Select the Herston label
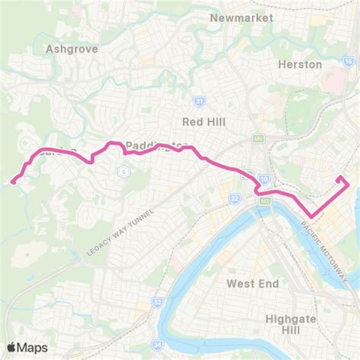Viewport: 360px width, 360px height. point(300,65)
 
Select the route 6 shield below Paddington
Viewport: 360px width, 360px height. point(122,171)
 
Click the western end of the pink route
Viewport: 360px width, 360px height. point(13,181)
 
